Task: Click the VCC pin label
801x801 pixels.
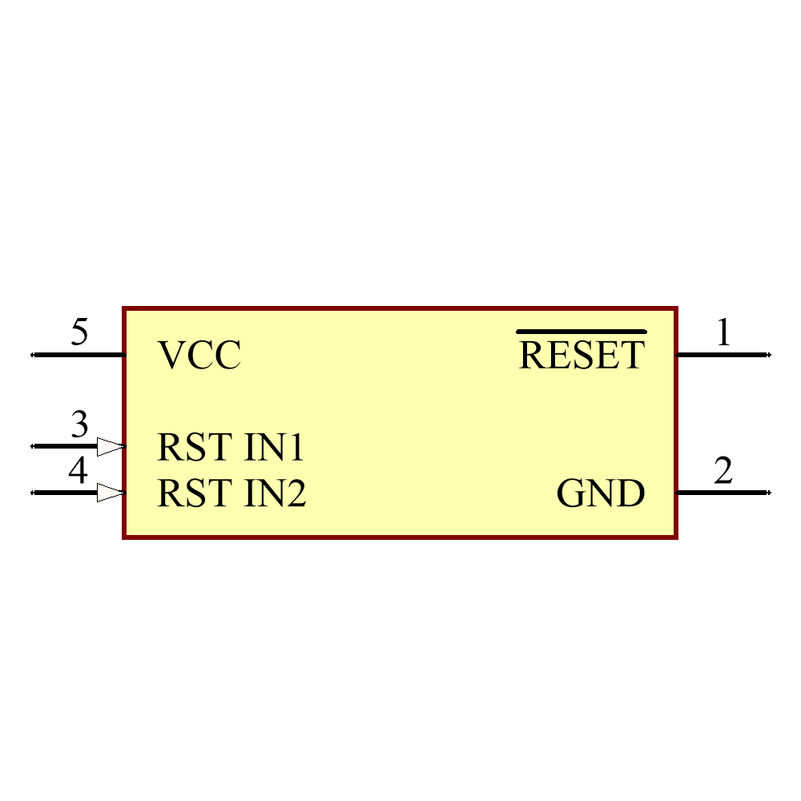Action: click(199, 356)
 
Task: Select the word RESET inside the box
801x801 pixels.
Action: click(582, 356)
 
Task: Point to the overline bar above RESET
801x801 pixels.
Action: click(582, 331)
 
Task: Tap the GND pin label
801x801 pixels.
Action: click(601, 494)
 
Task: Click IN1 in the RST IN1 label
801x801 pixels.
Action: click(274, 448)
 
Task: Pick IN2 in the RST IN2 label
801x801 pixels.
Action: click(275, 493)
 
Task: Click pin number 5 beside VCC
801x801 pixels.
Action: click(79, 332)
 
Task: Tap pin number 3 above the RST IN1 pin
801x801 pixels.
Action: click(79, 425)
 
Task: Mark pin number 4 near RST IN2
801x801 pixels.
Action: click(78, 471)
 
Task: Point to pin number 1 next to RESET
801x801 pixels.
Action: click(723, 332)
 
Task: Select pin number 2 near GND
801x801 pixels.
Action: click(723, 471)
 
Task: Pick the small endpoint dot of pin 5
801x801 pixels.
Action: click(32, 354)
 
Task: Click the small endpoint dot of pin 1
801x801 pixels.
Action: click(769, 354)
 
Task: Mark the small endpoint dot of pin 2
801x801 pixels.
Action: click(769, 493)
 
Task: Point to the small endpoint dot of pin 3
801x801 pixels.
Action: click(32, 446)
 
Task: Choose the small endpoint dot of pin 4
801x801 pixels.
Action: click(32, 493)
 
